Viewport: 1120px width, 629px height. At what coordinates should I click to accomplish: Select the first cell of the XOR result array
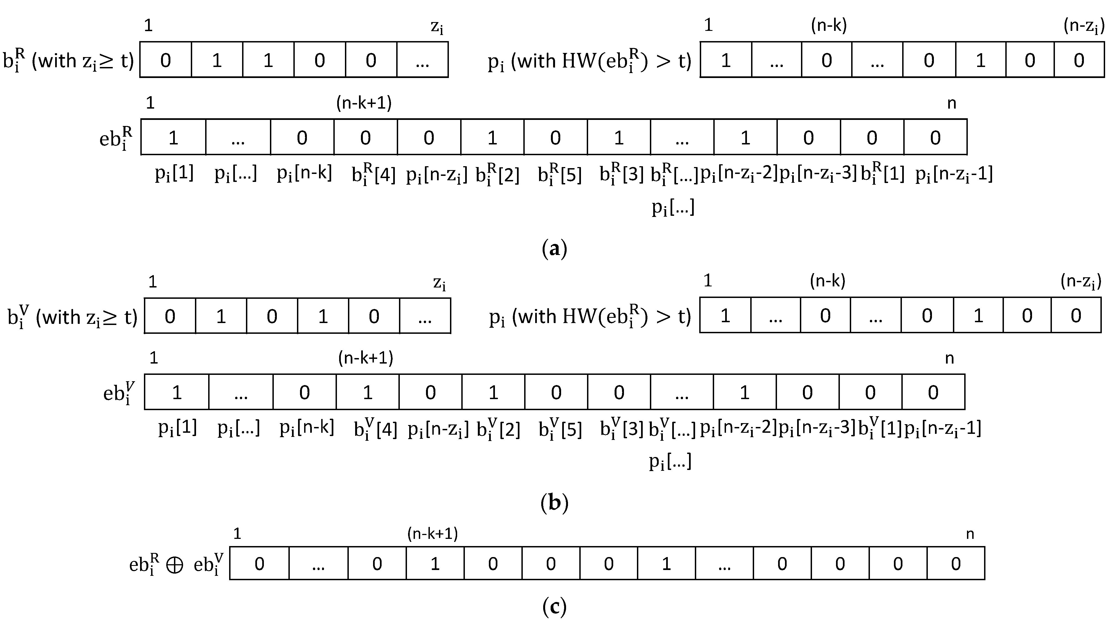259,564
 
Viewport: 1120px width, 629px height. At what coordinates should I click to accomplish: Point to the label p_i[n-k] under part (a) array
304,173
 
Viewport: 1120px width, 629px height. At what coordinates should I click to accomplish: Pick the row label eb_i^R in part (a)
116,138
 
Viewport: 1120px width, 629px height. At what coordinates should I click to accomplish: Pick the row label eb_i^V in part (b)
119,393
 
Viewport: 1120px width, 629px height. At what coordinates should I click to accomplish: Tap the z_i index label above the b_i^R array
437,27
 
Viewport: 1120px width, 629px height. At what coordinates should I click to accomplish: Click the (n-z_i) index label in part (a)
1084,26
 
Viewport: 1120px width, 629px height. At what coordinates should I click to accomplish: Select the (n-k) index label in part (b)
827,281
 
